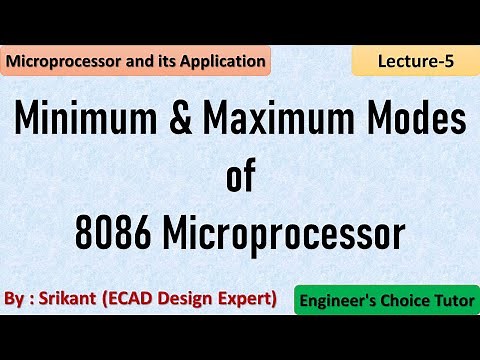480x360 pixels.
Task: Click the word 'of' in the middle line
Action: [241, 179]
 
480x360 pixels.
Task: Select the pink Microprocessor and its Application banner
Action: [136, 62]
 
